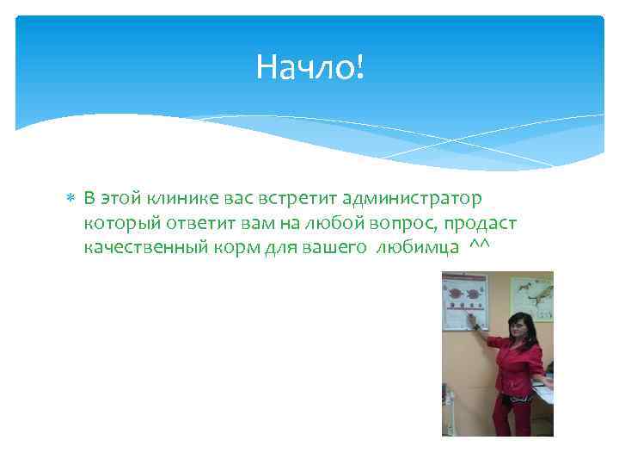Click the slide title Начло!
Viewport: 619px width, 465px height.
[x=310, y=66]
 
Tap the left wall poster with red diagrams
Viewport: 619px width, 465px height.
[x=464, y=301]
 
